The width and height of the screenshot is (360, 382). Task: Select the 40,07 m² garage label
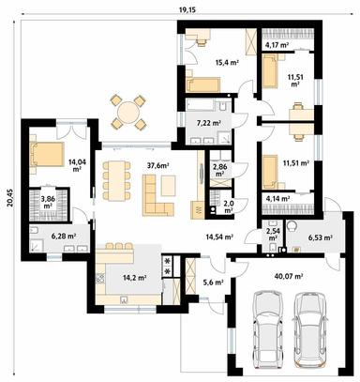click(x=290, y=276)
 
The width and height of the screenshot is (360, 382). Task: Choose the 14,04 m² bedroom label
click(x=76, y=165)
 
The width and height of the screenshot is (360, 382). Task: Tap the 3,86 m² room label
click(x=47, y=201)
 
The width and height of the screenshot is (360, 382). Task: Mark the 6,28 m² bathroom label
click(x=63, y=237)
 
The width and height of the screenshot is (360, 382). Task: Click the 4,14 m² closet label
click(x=279, y=199)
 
